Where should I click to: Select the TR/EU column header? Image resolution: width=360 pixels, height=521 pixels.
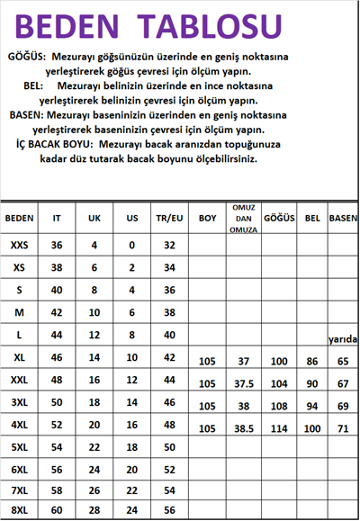169,219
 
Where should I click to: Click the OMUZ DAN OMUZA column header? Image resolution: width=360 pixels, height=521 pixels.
242,219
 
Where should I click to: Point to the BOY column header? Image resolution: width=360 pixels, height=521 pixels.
208,219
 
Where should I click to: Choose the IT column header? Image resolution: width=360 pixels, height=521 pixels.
57,219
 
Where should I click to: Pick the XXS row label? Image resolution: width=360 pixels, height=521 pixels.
19,245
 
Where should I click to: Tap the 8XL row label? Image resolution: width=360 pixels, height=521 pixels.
19,511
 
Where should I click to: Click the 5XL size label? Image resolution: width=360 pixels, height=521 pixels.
19,446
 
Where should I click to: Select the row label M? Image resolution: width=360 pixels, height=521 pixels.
19,311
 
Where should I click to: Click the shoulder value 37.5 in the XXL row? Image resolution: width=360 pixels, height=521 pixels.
242,382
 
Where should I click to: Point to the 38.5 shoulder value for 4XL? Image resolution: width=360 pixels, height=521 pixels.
242,428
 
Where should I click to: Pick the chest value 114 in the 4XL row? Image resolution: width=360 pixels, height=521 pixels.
278,428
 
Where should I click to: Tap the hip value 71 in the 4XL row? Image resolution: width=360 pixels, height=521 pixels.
343,428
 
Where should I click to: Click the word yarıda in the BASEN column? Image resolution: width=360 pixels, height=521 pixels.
343,339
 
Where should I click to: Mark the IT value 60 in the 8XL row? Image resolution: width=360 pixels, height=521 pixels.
57,511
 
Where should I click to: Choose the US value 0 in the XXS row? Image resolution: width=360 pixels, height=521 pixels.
131,245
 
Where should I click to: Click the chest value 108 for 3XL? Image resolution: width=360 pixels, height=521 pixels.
278,406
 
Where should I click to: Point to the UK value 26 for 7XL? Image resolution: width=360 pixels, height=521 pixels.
94,490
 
